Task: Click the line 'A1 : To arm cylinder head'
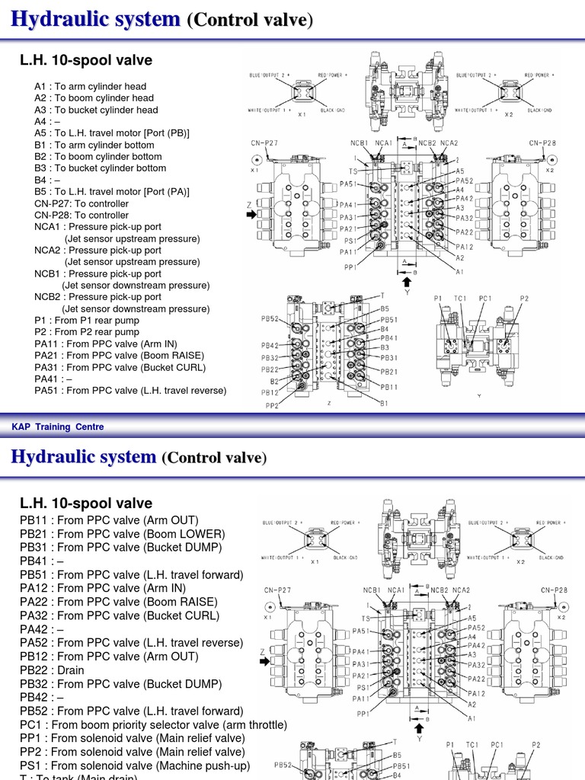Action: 90,86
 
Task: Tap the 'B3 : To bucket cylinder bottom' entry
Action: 100,168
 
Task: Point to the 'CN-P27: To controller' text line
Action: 82,203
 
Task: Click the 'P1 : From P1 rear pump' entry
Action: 87,321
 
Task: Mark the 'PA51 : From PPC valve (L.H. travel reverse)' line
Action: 130,391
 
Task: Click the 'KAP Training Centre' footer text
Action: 58,427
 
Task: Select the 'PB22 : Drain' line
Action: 52,670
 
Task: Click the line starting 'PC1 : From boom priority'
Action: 153,724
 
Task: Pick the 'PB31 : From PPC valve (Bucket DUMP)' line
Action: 121,547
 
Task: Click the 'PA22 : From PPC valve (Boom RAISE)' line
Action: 120,602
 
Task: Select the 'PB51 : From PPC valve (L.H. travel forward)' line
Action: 132,574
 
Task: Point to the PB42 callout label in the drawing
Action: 270,345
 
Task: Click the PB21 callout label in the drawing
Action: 389,371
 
